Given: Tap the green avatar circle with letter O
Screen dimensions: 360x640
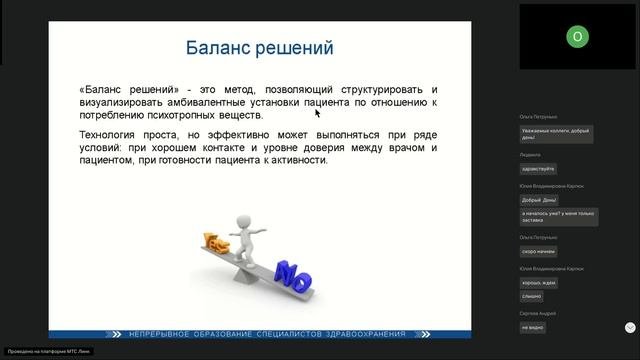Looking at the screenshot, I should pos(577,37).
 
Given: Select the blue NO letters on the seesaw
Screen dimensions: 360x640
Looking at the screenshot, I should pos(292,272).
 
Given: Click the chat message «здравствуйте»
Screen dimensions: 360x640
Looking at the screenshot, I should pos(537,168).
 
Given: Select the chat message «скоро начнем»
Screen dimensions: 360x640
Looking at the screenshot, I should pos(538,251).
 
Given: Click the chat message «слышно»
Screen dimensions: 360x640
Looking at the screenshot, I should pos(531,296).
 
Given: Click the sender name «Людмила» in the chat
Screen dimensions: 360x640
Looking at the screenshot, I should pos(530,155).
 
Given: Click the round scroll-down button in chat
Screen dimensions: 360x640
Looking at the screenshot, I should pos(630,327).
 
